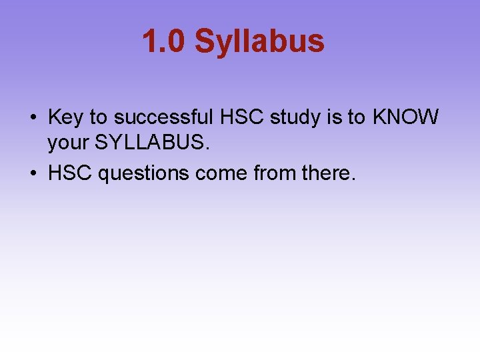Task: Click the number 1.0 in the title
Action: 163,41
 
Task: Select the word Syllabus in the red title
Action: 259,41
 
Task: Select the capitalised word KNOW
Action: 405,118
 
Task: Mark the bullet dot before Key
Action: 33,119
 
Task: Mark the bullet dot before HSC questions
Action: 33,174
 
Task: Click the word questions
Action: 143,174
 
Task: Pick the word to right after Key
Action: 98,118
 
